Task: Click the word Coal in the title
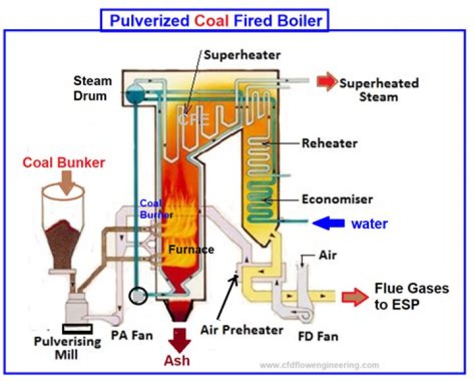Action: pos(210,20)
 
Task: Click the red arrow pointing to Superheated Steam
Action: pos(326,82)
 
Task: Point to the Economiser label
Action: pos(337,199)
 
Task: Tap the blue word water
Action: pos(369,224)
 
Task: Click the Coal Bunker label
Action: pos(64,162)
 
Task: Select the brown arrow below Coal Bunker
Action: pos(67,182)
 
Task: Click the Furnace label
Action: pos(191,250)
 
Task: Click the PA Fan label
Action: pos(131,335)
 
